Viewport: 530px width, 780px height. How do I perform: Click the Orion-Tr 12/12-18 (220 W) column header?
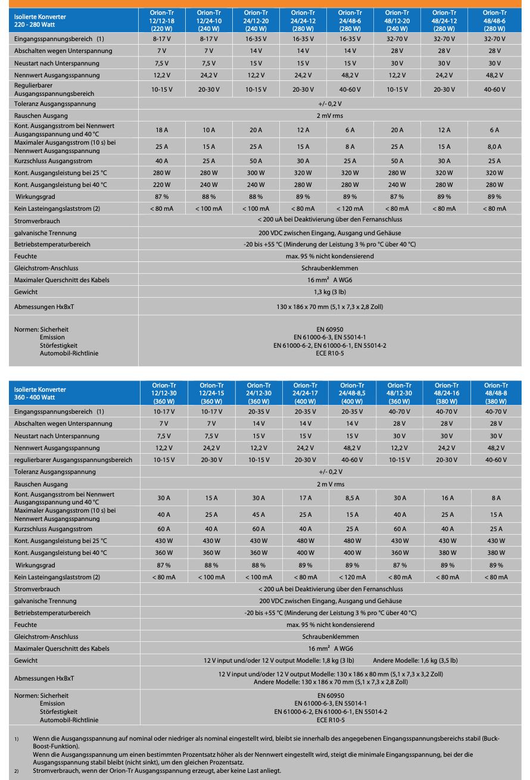point(161,20)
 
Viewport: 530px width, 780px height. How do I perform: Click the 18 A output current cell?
point(161,130)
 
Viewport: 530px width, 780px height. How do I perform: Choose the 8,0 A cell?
point(494,146)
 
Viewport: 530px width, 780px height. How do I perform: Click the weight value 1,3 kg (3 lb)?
point(329,292)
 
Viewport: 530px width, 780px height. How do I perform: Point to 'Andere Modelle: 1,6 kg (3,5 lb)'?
point(415,660)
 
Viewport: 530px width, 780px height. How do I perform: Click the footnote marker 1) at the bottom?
point(17,739)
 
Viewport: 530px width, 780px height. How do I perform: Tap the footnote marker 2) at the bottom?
point(17,770)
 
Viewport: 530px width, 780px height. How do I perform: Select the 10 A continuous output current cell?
point(208,130)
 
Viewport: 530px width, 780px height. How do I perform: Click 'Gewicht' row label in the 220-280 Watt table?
point(26,292)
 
